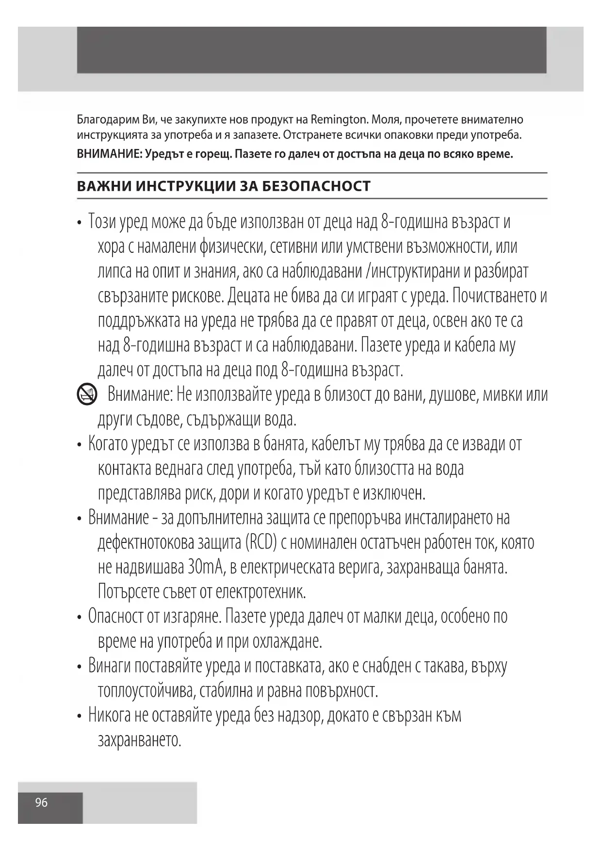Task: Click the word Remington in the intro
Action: click(x=338, y=119)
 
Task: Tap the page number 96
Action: click(x=41, y=802)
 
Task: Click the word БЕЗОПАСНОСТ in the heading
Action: click(x=316, y=186)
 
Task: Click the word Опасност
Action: click(x=116, y=616)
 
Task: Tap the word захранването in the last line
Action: click(x=139, y=740)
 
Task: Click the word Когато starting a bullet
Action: click(x=112, y=444)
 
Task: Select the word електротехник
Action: click(x=260, y=591)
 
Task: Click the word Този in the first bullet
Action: click(x=102, y=222)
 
